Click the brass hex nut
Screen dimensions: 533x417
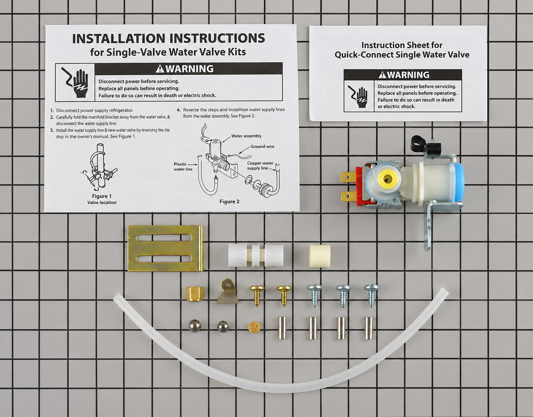tap(193, 292)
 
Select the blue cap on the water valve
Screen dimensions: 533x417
tap(456, 182)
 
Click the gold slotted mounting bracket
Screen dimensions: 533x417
tap(165, 248)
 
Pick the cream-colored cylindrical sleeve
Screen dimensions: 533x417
tap(320, 255)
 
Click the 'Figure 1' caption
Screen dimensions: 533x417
tap(101, 196)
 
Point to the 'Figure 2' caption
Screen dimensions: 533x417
tap(229, 202)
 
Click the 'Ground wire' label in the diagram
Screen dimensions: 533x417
tap(262, 146)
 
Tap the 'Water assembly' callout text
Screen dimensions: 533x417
tap(246, 136)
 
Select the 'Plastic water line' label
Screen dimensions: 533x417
tap(183, 166)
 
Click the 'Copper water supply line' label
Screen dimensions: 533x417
tap(260, 165)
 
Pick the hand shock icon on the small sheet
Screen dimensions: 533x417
tap(359, 96)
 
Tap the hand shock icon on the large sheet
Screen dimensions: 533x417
tap(75, 82)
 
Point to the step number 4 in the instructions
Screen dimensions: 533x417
tap(179, 110)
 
